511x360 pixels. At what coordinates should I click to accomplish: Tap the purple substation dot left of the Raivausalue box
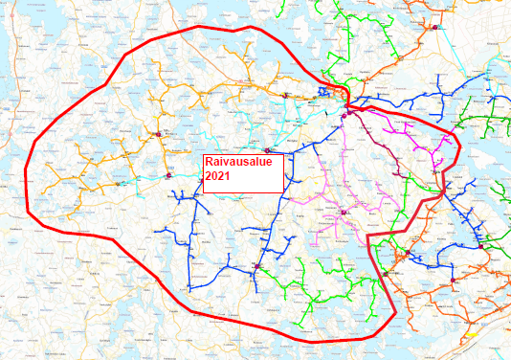[x=167, y=175]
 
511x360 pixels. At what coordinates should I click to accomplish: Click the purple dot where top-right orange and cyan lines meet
[x=436, y=30]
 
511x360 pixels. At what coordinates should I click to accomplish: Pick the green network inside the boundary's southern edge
[x=316, y=297]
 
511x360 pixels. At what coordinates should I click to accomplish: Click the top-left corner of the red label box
[x=202, y=154]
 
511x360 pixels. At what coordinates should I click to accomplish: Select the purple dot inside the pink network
[x=343, y=211]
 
